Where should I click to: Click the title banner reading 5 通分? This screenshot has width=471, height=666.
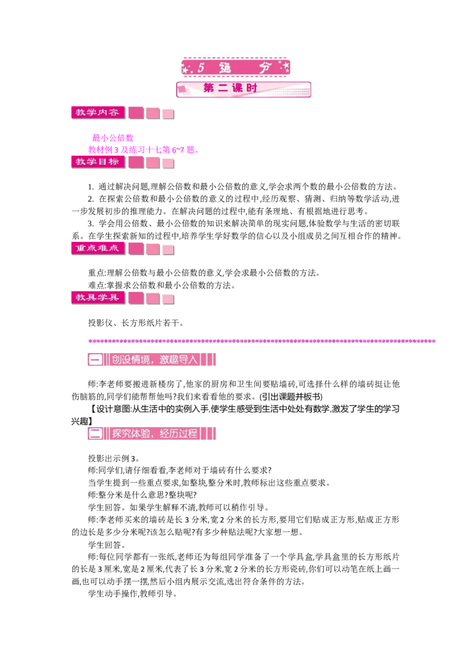(x=235, y=67)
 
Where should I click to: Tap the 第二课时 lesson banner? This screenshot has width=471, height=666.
(x=244, y=89)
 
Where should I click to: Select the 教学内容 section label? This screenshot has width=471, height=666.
(x=98, y=112)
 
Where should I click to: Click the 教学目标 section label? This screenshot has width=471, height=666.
(x=98, y=162)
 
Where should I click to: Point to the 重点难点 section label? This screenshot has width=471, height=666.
(x=98, y=248)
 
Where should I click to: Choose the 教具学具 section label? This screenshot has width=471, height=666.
(x=98, y=298)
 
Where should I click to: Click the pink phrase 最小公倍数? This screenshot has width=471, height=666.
(x=112, y=138)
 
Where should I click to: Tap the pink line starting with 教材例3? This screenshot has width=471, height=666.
(x=143, y=149)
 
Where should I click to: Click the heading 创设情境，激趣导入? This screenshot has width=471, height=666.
(x=155, y=359)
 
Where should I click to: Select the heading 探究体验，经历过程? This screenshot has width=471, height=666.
(x=155, y=434)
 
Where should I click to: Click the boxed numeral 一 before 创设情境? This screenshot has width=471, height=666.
(x=95, y=359)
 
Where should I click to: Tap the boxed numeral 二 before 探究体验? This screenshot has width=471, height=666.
(x=95, y=434)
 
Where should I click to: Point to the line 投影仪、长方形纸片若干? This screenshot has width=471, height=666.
(x=136, y=323)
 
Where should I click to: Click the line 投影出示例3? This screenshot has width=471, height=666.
(x=114, y=458)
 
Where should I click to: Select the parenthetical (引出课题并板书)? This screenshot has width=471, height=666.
(x=291, y=397)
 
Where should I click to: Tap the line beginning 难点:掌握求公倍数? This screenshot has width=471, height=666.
(x=161, y=285)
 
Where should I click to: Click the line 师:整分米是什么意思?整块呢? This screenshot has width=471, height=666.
(x=142, y=495)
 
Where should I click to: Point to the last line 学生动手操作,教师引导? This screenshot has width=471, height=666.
(x=132, y=594)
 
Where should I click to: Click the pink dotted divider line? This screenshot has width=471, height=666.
(x=262, y=341)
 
